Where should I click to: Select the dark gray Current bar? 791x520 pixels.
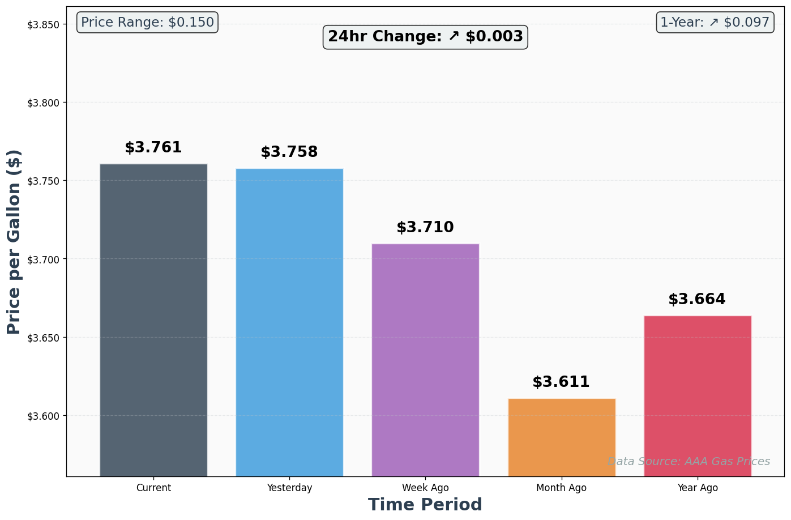pyautogui.click(x=153, y=320)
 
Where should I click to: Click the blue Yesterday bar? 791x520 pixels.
pyautogui.click(x=289, y=322)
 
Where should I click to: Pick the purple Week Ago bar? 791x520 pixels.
pyautogui.click(x=425, y=360)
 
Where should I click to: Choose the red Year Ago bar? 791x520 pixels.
pyautogui.click(x=698, y=396)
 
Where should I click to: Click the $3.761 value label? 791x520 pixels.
pyautogui.click(x=153, y=148)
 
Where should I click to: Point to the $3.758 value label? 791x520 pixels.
pyautogui.click(x=289, y=152)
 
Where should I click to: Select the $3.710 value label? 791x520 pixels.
pyautogui.click(x=425, y=228)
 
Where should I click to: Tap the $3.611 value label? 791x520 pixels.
pyautogui.click(x=561, y=382)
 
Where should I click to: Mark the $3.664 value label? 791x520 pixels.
pyautogui.click(x=697, y=300)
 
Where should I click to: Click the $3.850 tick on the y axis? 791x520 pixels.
pyautogui.click(x=44, y=24)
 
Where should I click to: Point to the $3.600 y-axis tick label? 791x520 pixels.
pyautogui.click(x=44, y=416)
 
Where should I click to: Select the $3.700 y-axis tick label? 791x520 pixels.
pyautogui.click(x=44, y=259)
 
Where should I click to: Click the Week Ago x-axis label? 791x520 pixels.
pyautogui.click(x=425, y=488)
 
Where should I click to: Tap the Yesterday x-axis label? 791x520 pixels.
pyautogui.click(x=289, y=488)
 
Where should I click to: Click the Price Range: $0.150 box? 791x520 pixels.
pyautogui.click(x=147, y=23)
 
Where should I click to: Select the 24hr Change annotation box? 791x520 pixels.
pyautogui.click(x=425, y=37)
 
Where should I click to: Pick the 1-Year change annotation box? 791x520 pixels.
pyautogui.click(x=715, y=23)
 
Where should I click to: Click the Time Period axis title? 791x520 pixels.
pyautogui.click(x=425, y=505)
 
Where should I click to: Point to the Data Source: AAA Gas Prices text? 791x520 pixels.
pyautogui.click(x=689, y=462)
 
